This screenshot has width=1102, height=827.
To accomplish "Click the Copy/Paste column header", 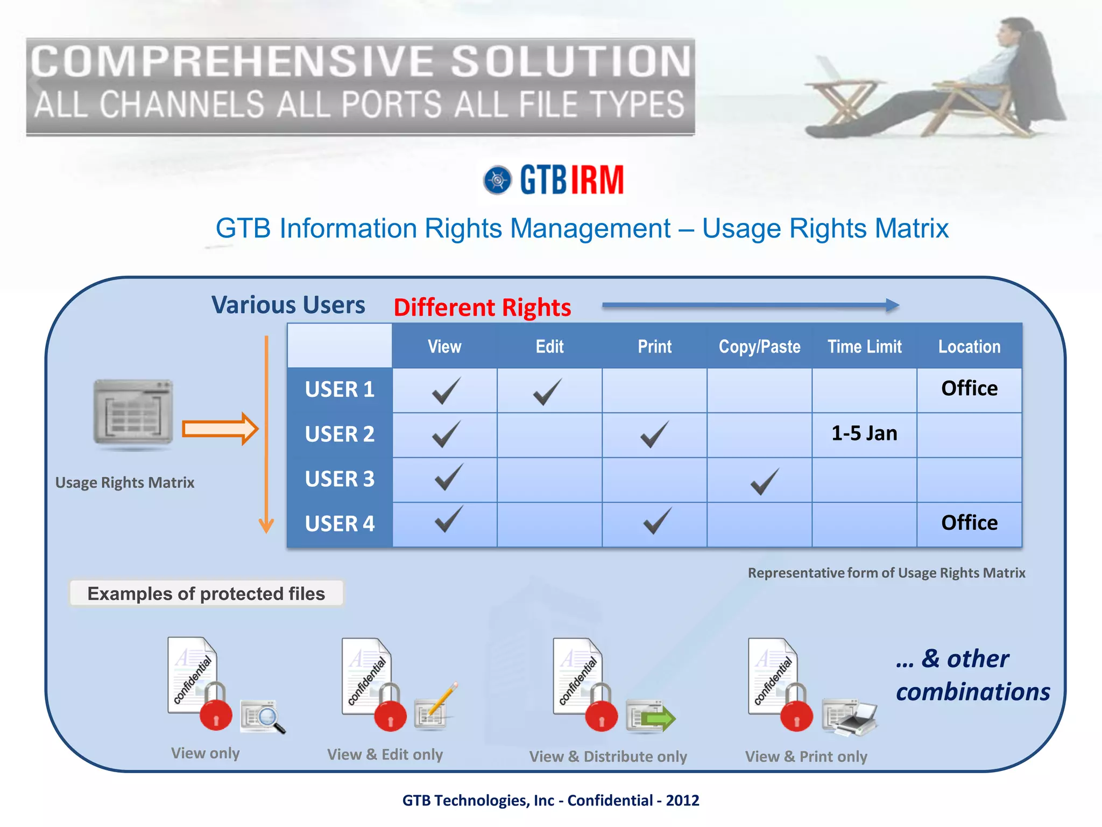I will tap(759, 347).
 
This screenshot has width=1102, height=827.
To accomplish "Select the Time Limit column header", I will tap(864, 347).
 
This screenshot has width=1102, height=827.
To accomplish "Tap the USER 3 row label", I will tap(340, 479).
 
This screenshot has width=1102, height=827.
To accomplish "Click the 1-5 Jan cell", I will tap(864, 433).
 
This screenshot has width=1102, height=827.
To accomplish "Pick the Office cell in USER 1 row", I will tap(969, 388).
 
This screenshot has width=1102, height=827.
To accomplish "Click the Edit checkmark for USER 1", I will tap(548, 391).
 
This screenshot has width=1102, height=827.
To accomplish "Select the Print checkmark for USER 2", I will tap(654, 434).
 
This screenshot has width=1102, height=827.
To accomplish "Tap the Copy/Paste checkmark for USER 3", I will tap(764, 481).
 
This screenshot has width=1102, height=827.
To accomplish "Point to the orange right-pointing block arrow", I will tap(220, 429).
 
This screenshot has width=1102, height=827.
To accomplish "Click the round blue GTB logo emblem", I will tap(497, 180).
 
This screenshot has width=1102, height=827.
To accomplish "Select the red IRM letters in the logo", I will tap(597, 180).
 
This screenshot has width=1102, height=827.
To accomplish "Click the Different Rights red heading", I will tap(482, 307).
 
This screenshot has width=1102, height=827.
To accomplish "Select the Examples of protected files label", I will tap(206, 593).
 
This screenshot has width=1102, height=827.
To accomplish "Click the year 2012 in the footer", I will tap(682, 801).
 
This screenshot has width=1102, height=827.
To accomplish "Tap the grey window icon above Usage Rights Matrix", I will tap(133, 412).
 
